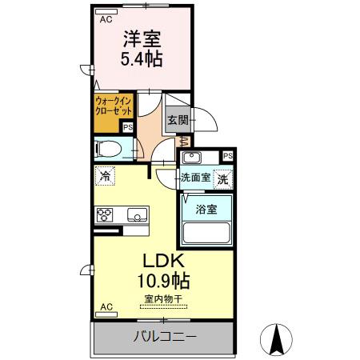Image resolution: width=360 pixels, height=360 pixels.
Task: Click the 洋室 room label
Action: pyautogui.click(x=142, y=37)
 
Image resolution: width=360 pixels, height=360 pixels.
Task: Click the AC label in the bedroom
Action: pyautogui.click(x=105, y=21)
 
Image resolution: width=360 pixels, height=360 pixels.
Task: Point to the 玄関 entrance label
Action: pyautogui.click(x=177, y=121)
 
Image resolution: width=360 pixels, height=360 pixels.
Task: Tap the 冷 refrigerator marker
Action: pyautogui.click(x=105, y=174)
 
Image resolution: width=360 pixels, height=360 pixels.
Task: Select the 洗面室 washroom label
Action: pyautogui.click(x=195, y=178)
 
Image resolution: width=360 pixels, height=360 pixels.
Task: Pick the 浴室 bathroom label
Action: pyautogui.click(x=206, y=210)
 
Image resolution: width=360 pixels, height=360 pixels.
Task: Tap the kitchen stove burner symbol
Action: pyautogui.click(x=107, y=214)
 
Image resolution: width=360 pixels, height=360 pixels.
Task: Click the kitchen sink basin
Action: pyautogui.click(x=136, y=214)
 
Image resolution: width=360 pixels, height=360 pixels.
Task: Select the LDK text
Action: pyautogui.click(x=164, y=262)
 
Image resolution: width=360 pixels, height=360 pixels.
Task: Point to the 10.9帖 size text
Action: pyautogui.click(x=164, y=282)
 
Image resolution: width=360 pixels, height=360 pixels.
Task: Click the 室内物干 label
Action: pyautogui.click(x=163, y=299)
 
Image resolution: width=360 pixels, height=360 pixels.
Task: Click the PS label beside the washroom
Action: pyautogui.click(x=228, y=156)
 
